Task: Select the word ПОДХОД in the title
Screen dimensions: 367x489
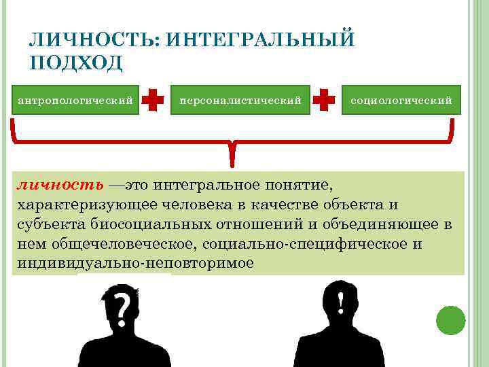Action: (x=76, y=63)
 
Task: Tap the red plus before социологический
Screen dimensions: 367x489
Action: (x=325, y=101)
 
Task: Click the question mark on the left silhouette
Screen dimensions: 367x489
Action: (x=123, y=309)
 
